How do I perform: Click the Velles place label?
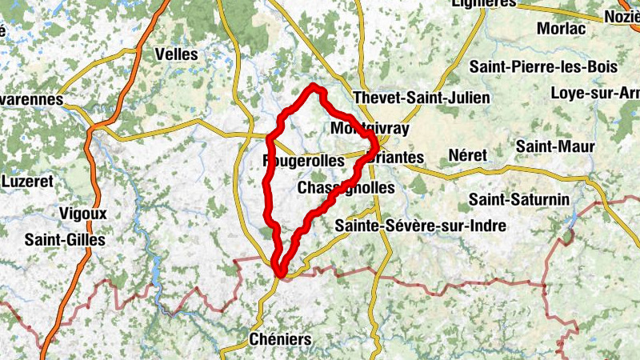176,54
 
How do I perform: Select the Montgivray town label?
370,129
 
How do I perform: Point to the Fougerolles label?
304,161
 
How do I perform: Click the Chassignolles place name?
346,188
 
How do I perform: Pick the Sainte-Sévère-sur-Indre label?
421,226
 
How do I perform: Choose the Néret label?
467,154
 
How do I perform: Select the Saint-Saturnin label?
518,198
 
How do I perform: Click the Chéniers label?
280,339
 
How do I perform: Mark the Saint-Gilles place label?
65,239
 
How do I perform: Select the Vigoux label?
83,214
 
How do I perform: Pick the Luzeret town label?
27,182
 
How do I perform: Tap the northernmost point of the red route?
315,86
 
